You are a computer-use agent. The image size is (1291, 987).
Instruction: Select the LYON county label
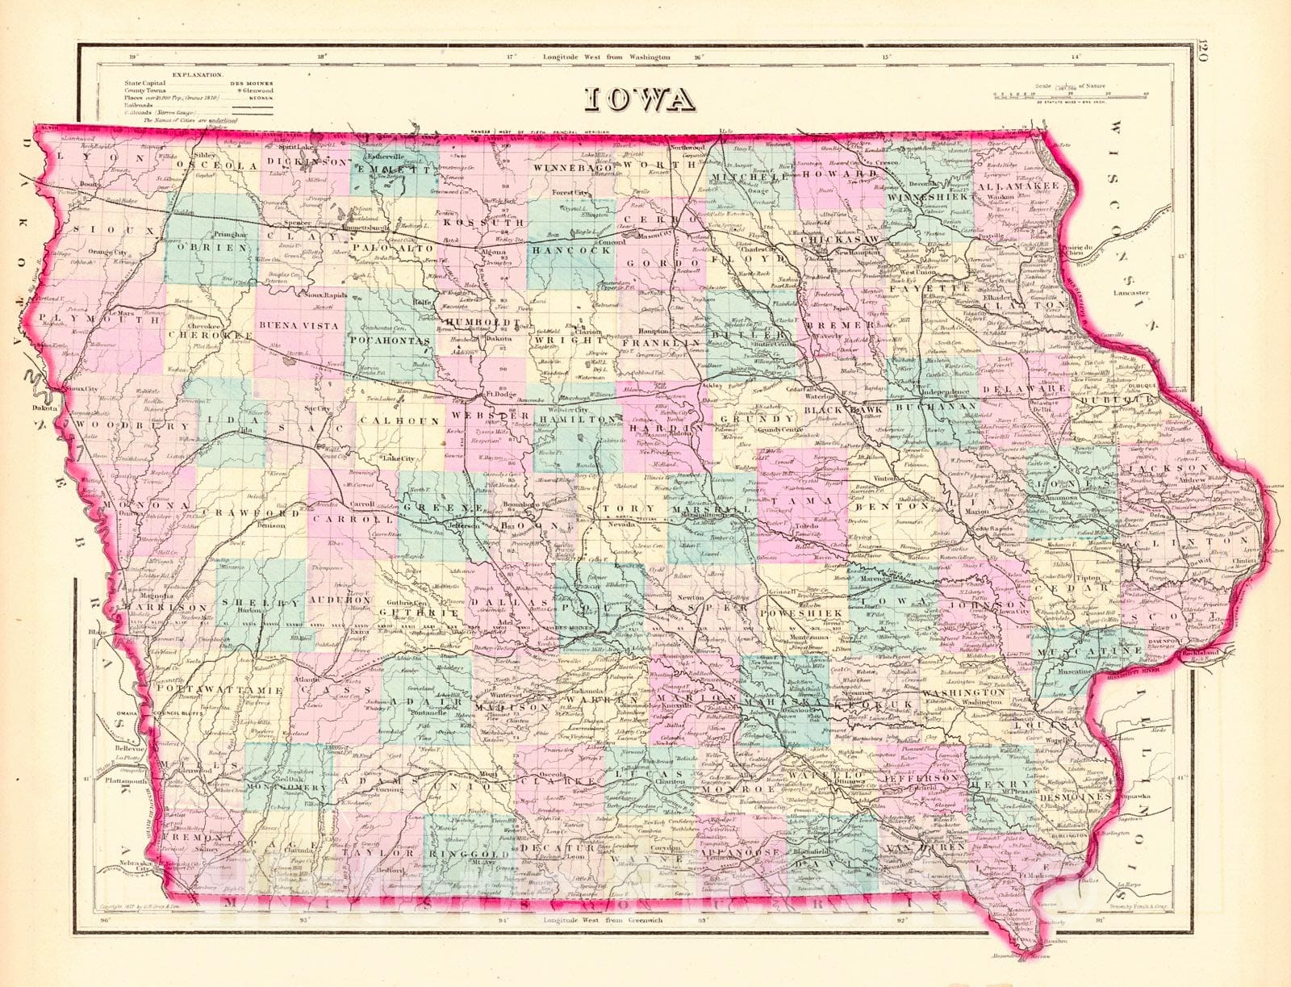[96, 160]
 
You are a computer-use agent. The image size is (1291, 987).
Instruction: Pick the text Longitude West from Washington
[606, 57]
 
